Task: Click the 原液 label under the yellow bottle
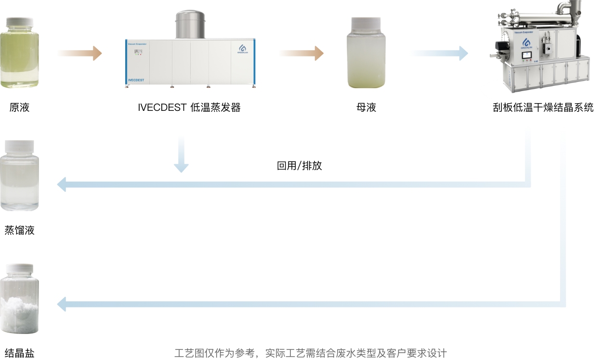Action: [x=20, y=107]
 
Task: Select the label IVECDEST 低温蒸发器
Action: [x=189, y=107]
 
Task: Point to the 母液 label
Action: [x=366, y=107]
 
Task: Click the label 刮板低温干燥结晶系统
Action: [x=543, y=107]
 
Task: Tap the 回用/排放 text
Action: [x=299, y=166]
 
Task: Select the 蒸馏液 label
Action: [x=20, y=230]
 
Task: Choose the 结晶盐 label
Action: [x=20, y=353]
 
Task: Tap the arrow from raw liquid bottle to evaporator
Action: [x=80, y=53]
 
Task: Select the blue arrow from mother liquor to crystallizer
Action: [x=439, y=53]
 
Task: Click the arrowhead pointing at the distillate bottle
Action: [x=62, y=184]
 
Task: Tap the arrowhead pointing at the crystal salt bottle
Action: [x=62, y=304]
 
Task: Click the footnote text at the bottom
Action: [x=310, y=353]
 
